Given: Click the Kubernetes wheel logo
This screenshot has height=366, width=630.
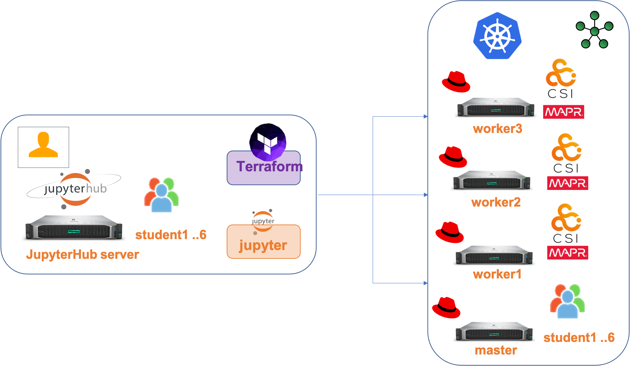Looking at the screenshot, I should point(497,36).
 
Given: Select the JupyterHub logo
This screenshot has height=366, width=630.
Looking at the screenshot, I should point(74,189).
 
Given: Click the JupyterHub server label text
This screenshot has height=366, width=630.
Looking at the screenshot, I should point(82,254).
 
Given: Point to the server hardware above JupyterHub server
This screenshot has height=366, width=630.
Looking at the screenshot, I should point(74,227).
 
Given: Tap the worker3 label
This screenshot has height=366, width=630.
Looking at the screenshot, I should point(497,129).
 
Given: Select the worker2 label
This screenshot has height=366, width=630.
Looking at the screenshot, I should point(496,202).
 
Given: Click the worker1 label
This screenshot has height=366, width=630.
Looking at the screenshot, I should point(497,274).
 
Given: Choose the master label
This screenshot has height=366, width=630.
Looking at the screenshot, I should point(496,350).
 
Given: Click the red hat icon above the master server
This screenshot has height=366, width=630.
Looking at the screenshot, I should point(446,307).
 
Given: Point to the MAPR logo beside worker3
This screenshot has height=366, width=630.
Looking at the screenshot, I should point(563,112).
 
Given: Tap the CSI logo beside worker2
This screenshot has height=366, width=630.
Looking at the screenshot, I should point(566,153).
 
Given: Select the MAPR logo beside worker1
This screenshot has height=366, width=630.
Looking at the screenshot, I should point(567,253).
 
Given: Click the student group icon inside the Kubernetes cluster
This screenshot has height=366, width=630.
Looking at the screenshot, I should point(567,301).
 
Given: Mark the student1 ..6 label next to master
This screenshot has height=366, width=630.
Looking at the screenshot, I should point(579,338).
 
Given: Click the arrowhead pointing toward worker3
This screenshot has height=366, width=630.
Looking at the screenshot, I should point(426,117).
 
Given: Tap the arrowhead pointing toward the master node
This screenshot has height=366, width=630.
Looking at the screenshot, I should point(426,283).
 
